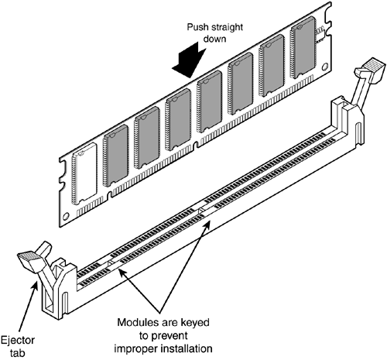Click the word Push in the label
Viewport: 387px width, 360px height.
(x=197, y=27)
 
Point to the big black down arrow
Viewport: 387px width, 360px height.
(x=189, y=60)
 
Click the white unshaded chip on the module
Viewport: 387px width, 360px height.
(x=84, y=173)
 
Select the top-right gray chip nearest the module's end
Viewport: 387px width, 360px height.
(x=303, y=48)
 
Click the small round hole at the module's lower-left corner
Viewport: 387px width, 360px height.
(x=66, y=216)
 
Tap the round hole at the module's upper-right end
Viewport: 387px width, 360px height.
(x=324, y=67)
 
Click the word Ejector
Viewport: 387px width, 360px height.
(x=18, y=340)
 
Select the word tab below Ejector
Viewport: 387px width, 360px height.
(x=18, y=353)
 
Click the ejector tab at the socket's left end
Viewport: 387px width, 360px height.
(x=29, y=262)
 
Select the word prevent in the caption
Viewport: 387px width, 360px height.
(x=170, y=336)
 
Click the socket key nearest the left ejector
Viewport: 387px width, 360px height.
(x=111, y=262)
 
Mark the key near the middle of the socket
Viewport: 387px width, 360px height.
(x=201, y=209)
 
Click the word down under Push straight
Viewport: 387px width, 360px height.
(x=214, y=39)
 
